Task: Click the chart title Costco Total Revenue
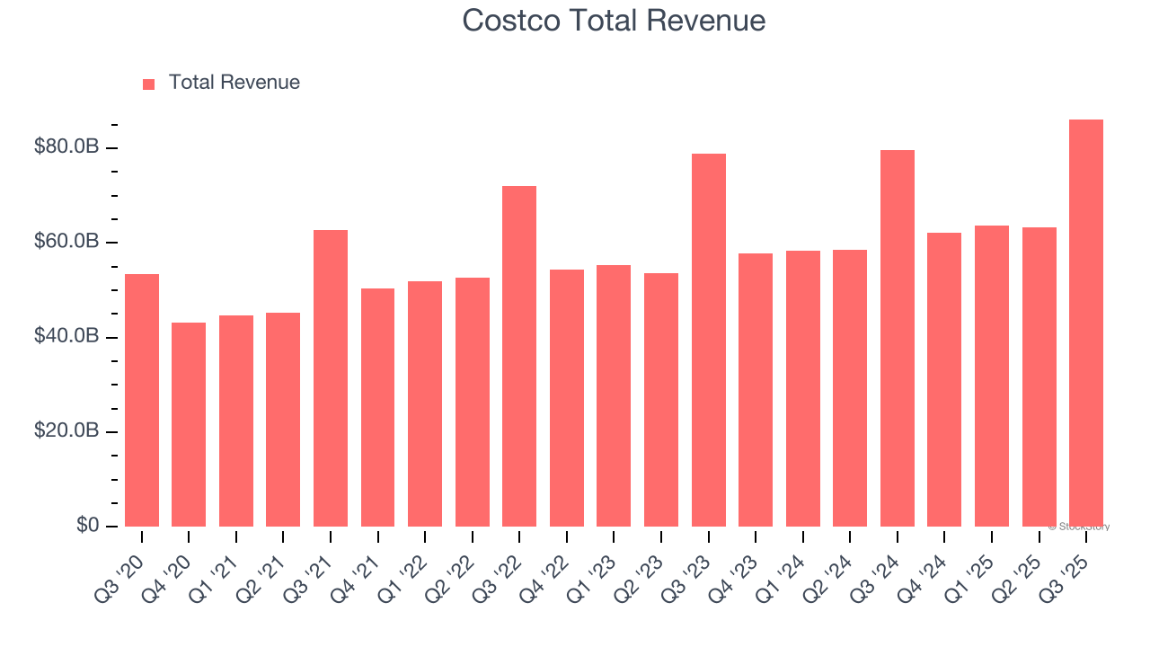[614, 21]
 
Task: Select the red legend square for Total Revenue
[149, 84]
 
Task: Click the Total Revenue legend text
[234, 83]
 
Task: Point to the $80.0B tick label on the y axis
[66, 146]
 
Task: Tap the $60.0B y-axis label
[66, 242]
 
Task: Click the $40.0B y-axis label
[66, 336]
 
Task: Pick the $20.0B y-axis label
[66, 430]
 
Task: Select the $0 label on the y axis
[86, 525]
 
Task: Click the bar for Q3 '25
[1085, 323]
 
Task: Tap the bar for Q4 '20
[189, 424]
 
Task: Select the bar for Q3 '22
[519, 356]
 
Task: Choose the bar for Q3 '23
[708, 340]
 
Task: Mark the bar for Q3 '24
[897, 338]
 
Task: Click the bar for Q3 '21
[331, 378]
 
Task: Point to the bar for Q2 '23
[661, 400]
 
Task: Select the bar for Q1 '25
[991, 376]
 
